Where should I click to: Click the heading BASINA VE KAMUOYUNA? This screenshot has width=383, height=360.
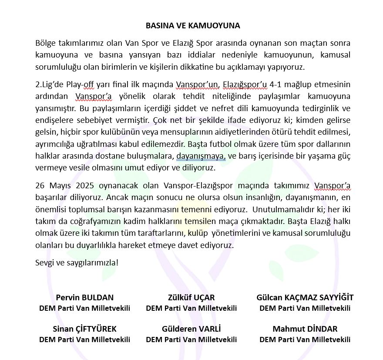(x=192, y=26)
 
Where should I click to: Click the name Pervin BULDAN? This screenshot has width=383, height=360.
(x=85, y=298)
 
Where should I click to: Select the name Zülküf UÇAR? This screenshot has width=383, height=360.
(x=191, y=298)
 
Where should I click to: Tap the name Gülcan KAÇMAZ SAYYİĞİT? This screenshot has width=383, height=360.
(x=305, y=298)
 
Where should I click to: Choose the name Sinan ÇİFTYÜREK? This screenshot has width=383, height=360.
(x=85, y=329)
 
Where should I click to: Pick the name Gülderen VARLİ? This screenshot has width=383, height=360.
(x=191, y=329)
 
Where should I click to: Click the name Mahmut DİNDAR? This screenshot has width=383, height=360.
(x=305, y=329)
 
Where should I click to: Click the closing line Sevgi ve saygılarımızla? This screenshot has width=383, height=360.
(x=77, y=263)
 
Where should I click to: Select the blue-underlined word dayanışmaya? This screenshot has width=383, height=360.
(x=201, y=156)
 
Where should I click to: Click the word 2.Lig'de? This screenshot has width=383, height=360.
(x=49, y=84)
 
